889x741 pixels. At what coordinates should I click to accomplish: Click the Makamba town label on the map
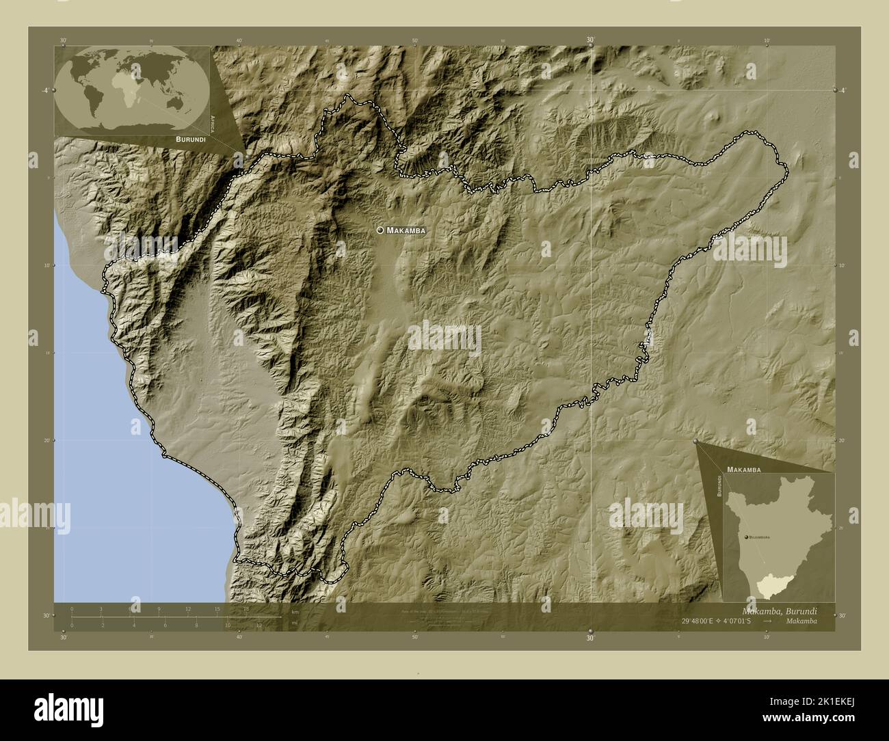[x=406, y=231]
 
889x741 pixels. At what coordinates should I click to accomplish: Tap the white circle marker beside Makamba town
[x=380, y=230]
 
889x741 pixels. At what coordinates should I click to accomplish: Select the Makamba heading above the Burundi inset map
[x=744, y=470]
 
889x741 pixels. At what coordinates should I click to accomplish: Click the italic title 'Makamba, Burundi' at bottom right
[x=779, y=610]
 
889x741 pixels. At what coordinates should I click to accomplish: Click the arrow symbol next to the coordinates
[x=768, y=621]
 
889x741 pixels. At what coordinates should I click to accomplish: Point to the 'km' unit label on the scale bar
[x=295, y=611]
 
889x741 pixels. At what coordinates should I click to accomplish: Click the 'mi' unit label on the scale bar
[x=295, y=624]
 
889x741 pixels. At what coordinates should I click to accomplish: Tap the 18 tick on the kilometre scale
[x=246, y=608]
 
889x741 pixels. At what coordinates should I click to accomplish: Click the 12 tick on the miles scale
[x=259, y=625]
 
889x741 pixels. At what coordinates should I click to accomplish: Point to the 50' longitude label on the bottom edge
[x=415, y=637]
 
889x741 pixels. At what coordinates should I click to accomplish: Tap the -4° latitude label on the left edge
[x=45, y=90]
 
